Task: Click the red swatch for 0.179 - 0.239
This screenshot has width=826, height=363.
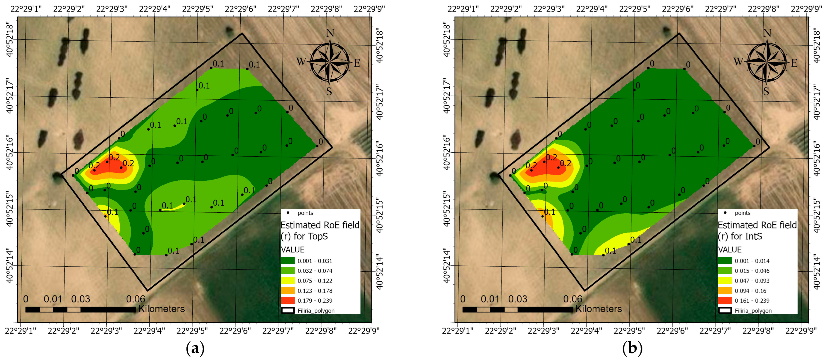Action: click(x=288, y=301)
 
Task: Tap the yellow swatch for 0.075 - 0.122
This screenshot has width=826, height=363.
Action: click(x=288, y=280)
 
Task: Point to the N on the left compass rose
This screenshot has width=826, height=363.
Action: click(x=330, y=33)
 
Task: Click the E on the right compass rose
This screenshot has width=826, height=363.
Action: click(x=794, y=63)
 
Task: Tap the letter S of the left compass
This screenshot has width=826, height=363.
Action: click(x=329, y=92)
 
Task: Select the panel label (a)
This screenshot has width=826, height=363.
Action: click(x=195, y=348)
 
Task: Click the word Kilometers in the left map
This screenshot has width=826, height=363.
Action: click(x=161, y=309)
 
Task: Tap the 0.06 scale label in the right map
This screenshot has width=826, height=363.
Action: click(x=573, y=299)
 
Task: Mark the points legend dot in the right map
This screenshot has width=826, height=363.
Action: click(x=725, y=212)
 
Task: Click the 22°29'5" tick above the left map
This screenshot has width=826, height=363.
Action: click(x=198, y=9)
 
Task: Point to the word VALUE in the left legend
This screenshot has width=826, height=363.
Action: click(x=292, y=250)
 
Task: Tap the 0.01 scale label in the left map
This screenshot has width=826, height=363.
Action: click(x=53, y=299)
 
